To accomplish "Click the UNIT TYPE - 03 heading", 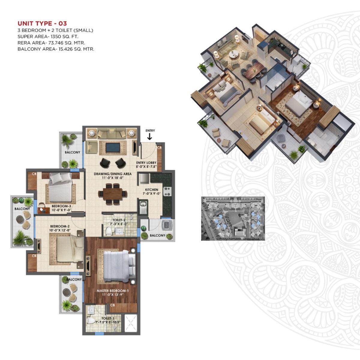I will [42, 23].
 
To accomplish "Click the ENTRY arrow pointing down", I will [150, 136].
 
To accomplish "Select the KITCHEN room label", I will [151, 190].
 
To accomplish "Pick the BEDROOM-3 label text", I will [61, 206].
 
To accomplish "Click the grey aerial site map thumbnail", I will [233, 218].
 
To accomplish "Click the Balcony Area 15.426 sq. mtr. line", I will [56, 49].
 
